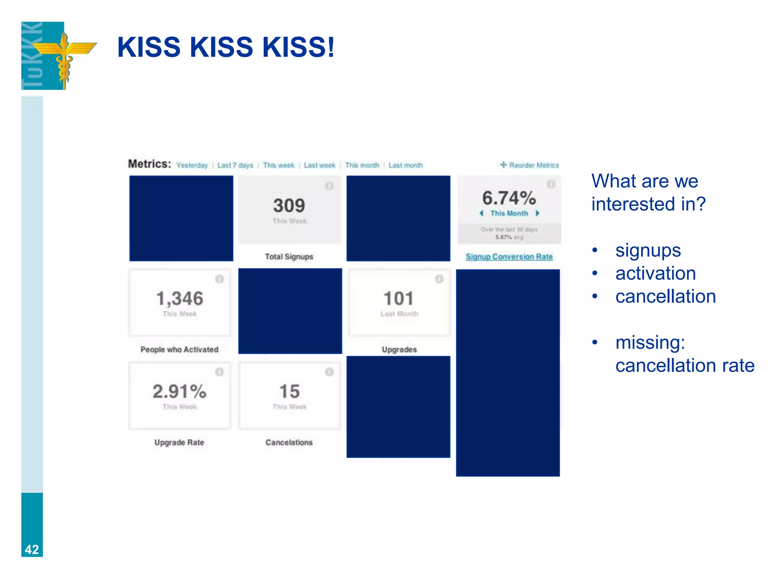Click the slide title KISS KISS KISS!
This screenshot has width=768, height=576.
pos(225,47)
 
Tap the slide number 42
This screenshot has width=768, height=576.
pos(32,549)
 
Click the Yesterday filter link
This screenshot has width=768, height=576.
pos(192,165)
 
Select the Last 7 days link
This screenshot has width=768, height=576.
pos(235,165)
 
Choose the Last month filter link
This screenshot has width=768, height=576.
pos(405,165)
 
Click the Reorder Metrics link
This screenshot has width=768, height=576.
pos(529,165)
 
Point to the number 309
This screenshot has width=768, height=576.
pos(289,205)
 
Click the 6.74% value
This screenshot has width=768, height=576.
pos(509,198)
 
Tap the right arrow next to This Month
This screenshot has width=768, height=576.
pos(538,213)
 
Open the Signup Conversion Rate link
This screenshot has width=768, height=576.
pos(509,257)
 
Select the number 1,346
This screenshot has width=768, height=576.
pos(180,299)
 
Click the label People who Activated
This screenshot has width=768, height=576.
pos(179,349)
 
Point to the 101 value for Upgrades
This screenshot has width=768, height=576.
pos(399,299)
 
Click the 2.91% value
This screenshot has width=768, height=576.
pos(180,391)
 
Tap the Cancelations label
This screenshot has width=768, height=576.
pos(289,442)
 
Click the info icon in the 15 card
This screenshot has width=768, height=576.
pos(329,372)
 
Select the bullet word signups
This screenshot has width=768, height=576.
pos(648,250)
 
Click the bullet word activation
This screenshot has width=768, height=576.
pos(655,273)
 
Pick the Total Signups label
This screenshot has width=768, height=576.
pos(289,257)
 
